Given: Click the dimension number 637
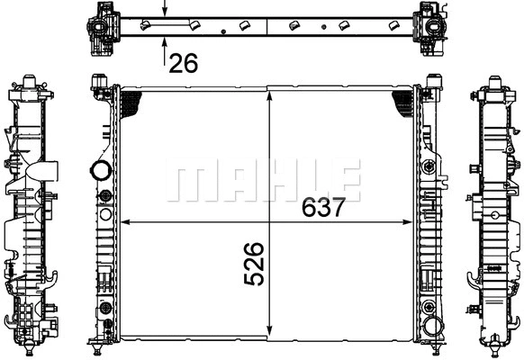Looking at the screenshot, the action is [323, 207].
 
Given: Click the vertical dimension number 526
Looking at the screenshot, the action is [254, 264].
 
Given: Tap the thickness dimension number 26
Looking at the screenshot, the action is [184, 63].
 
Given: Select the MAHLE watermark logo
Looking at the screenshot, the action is [263, 180].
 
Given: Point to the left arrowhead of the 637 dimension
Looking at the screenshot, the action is [125, 222].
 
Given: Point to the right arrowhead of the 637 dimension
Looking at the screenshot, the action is [408, 222].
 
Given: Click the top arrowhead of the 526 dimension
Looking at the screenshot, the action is [269, 95].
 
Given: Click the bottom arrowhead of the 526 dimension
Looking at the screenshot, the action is [269, 330].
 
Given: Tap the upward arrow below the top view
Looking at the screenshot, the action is [164, 52].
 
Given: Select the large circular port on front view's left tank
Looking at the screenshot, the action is [101, 170].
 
